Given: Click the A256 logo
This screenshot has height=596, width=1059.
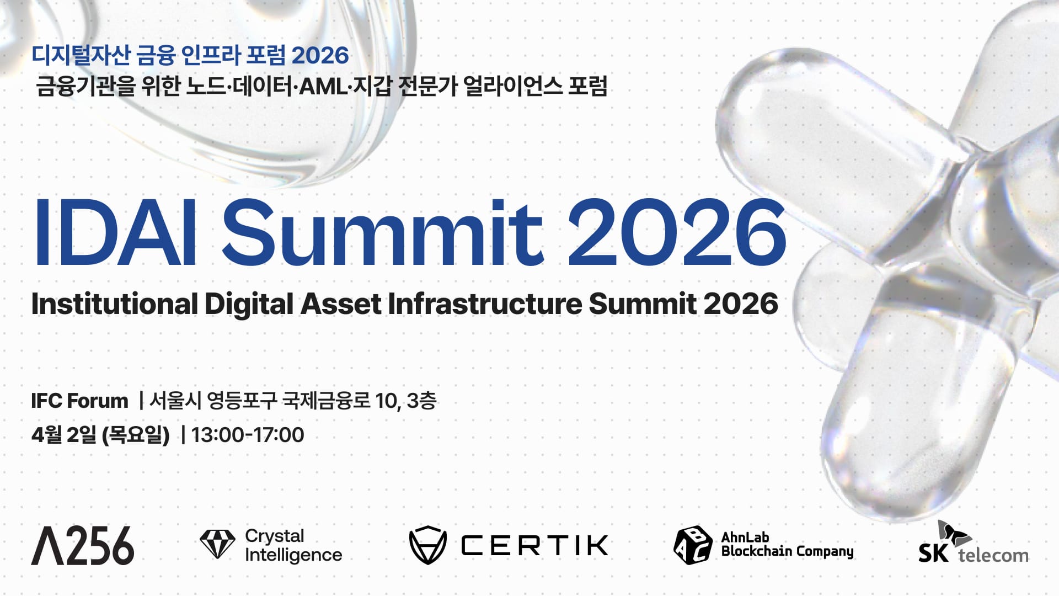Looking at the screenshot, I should pos(83,545).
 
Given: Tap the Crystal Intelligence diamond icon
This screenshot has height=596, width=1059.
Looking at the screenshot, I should pos(217,545).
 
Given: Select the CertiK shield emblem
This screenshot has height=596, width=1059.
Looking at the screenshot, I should pos(427,545).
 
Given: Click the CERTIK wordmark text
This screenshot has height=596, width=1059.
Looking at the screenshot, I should pos(534,545).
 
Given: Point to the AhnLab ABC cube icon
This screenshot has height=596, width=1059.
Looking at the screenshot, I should pos(693,545).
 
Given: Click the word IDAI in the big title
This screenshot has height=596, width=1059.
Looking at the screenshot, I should pos(115,233).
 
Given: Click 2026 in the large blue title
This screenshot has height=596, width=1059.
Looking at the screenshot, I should pos(677,233).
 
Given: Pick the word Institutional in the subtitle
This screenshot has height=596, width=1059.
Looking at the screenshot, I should pos(114,304).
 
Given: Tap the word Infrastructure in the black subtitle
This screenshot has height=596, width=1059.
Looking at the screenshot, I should pos(485,304).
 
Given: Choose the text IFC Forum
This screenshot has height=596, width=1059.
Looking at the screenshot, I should pos(79,401).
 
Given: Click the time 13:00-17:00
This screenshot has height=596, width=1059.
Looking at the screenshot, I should pos(248,435).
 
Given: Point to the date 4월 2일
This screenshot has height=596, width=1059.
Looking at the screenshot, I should pos(64,435).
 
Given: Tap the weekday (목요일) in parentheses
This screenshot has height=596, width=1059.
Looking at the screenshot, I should pos(136,435).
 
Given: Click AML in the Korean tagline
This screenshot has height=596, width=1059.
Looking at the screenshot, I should pos(323,87).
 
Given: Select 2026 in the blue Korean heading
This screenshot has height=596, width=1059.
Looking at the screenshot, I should pos(320,55).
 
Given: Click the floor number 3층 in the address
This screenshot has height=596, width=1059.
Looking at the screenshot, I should pos(421,401).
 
